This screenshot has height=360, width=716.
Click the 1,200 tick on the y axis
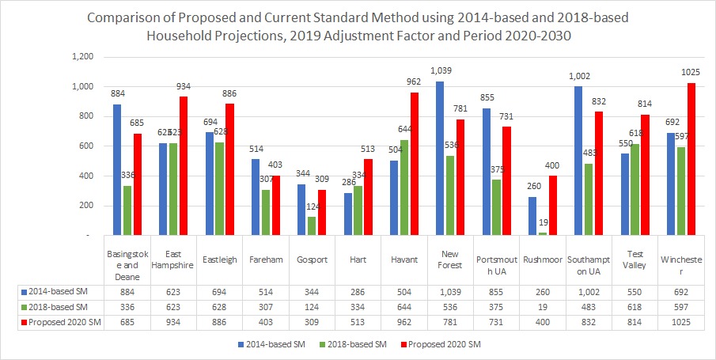click(x=82, y=57)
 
